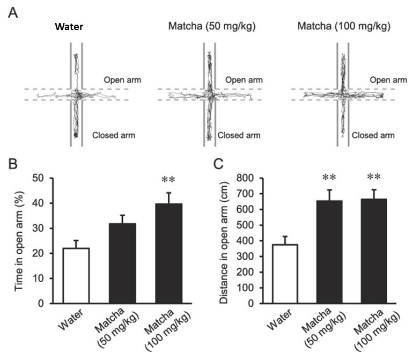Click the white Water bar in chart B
[76, 276]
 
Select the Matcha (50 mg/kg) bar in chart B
[122, 263]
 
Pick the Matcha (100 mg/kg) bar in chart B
[169, 253]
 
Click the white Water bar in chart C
[285, 274]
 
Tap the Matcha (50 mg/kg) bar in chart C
[329, 252]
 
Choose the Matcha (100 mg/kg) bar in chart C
[374, 251]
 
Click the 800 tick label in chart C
[246, 178]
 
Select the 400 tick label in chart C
[246, 241]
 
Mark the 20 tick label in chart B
[38, 253]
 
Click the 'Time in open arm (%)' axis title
[19, 241]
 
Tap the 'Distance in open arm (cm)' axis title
[224, 243]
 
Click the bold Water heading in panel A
[69, 27]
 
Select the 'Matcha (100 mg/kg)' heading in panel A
[344, 26]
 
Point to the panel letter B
[13, 164]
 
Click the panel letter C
[218, 164]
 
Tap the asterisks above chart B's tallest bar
[168, 179]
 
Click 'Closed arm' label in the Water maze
[114, 135]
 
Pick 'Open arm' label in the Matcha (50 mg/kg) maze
[244, 80]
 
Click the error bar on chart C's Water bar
[285, 240]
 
